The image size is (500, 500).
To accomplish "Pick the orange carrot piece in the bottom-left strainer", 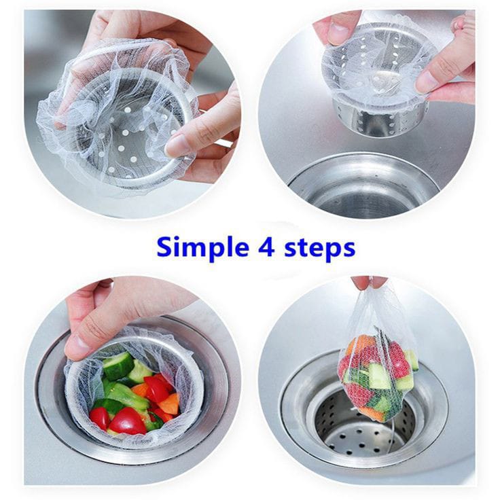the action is click(169, 403).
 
